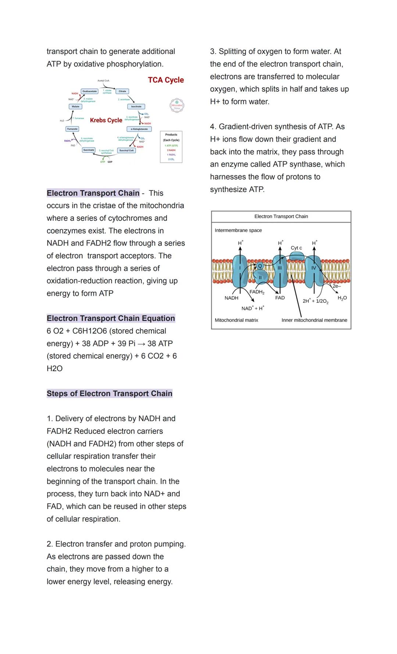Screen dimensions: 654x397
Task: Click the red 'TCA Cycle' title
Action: tap(166, 80)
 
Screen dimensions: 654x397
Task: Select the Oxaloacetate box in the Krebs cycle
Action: tap(90, 91)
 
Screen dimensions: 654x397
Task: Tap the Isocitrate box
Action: tap(136, 106)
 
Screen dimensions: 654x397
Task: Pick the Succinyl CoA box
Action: tap(126, 150)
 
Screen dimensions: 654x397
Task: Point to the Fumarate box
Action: tap(72, 129)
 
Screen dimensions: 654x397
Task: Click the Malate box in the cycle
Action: tap(75, 106)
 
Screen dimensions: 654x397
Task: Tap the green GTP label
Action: tap(103, 162)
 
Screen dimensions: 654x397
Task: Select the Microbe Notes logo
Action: tap(177, 106)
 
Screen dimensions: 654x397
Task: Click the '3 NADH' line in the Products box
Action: tap(171, 150)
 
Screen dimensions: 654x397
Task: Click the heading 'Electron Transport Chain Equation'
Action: tap(111, 318)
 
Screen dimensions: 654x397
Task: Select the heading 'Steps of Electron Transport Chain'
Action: tap(110, 393)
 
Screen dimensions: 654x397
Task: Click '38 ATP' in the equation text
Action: tap(160, 343)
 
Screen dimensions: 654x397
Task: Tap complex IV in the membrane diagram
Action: tap(314, 269)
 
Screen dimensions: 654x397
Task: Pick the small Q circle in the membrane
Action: tap(260, 266)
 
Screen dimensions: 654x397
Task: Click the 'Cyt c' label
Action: tap(296, 248)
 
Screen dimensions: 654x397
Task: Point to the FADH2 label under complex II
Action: tap(257, 292)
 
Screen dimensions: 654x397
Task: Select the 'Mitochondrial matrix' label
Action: tap(236, 320)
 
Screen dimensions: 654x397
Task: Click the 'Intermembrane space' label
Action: tap(238, 230)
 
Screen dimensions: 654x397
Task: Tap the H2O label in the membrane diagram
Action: tap(342, 298)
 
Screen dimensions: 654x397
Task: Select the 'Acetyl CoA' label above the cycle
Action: tap(103, 81)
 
